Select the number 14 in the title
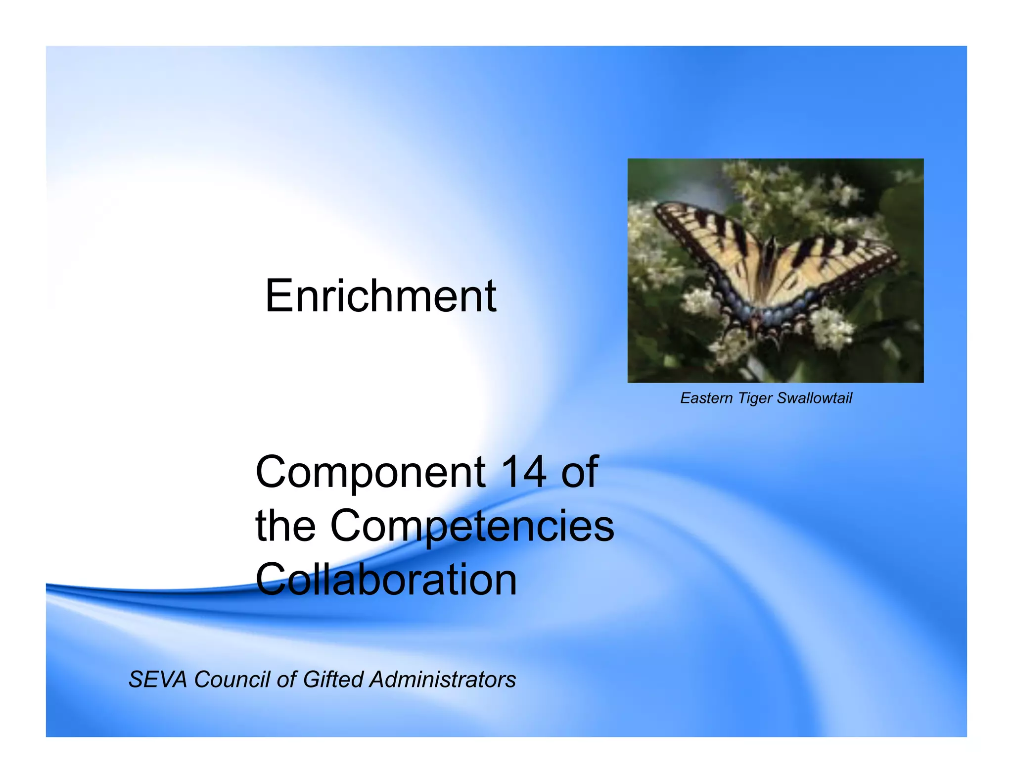[x=523, y=472]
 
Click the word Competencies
[x=472, y=526]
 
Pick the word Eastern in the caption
[x=706, y=398]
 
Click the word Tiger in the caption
[x=755, y=398]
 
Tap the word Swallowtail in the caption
[x=814, y=398]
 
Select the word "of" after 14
[x=579, y=472]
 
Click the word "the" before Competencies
[x=285, y=526]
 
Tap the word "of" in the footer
[x=286, y=680]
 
